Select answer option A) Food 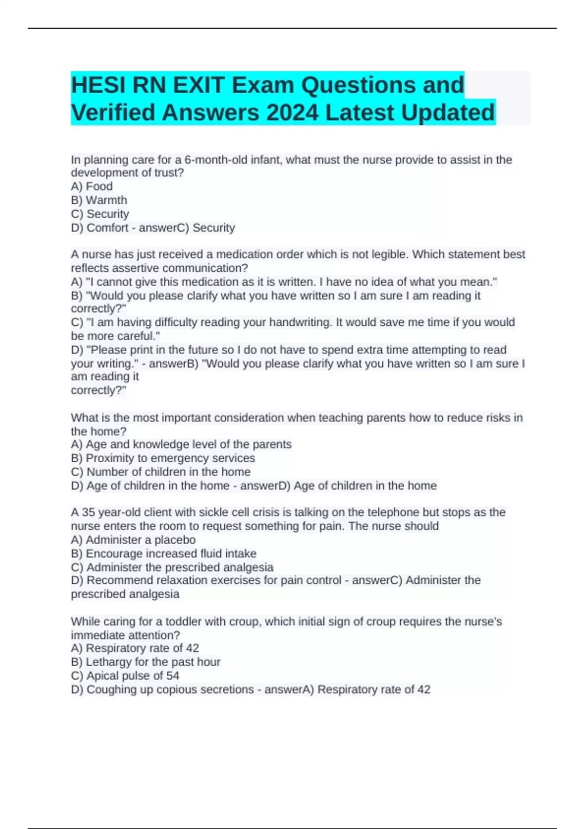point(92,186)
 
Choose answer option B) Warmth point(99,200)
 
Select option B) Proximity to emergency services point(163,458)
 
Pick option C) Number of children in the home point(160,472)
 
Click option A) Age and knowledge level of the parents point(181,444)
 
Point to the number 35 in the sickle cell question point(88,512)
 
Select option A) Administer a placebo point(133,540)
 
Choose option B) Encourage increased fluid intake point(163,553)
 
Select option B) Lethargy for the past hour point(145,662)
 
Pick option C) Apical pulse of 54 point(125,675)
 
